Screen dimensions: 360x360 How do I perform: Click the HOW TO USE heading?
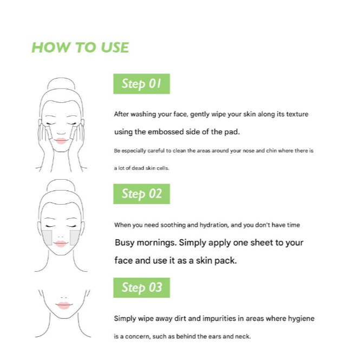point(80,48)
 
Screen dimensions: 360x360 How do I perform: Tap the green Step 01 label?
point(142,84)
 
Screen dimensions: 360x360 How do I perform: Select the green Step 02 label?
point(142,194)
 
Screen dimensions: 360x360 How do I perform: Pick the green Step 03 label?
point(142,287)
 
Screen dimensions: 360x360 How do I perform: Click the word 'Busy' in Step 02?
point(125,243)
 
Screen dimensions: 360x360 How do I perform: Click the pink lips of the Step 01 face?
point(61,141)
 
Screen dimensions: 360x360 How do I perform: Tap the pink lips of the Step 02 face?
point(61,244)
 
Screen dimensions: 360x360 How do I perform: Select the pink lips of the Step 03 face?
point(63,305)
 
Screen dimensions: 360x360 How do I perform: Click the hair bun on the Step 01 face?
point(61,83)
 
